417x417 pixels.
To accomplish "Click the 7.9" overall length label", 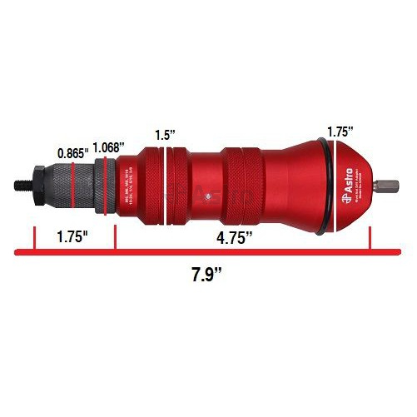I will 206,274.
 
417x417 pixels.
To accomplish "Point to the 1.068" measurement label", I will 109,147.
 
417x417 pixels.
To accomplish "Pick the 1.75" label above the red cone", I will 340,131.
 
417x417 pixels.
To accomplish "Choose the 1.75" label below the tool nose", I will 72,236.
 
